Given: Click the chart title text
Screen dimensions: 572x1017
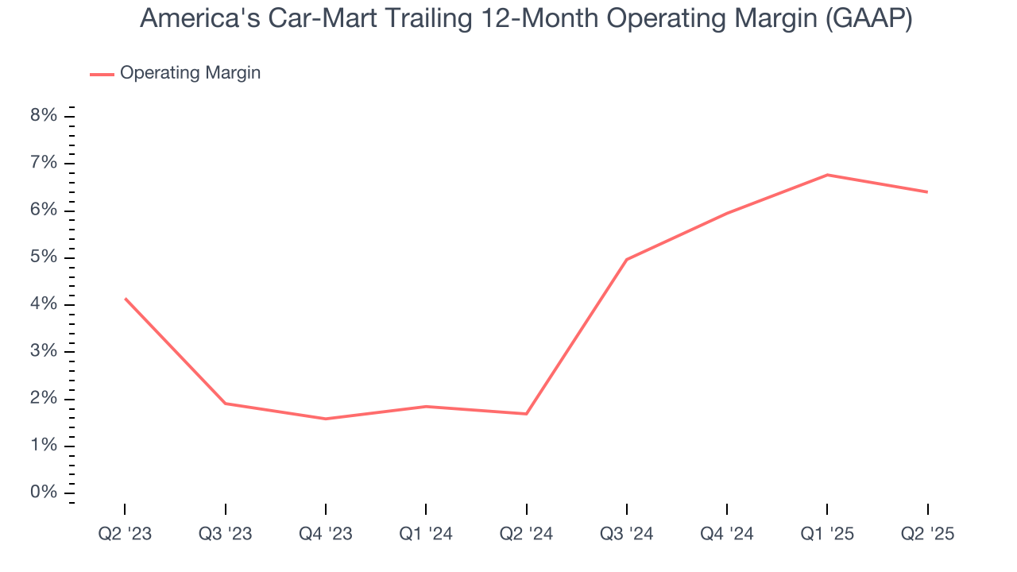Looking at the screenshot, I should point(525,19).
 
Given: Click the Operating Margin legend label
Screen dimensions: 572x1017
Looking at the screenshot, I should point(190,73).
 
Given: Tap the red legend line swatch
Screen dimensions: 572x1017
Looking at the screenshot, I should point(102,74).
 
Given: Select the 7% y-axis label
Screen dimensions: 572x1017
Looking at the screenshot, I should point(44,164).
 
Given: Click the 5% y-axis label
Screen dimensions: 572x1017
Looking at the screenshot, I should point(44,257).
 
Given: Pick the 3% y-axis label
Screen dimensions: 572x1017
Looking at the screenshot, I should point(44,352).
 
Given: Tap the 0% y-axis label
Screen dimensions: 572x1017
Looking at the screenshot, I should point(44,493).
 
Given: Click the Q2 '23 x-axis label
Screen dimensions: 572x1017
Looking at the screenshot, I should point(125,534).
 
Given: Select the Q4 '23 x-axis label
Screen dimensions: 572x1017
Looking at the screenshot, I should point(326,534).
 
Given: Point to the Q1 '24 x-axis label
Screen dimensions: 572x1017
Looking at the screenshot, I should point(426,534).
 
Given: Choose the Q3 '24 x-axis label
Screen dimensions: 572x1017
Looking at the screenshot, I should point(627,534).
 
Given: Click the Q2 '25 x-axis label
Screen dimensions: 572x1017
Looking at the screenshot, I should point(927,534).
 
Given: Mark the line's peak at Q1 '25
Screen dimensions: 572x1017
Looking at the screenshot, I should point(827,175).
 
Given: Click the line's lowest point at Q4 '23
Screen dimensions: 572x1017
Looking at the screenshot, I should point(326,419).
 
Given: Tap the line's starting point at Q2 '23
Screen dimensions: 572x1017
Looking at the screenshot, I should point(125,298).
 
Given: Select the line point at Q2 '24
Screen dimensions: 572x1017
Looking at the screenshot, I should point(526,414).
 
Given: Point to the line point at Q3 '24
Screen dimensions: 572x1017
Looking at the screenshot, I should point(627,259).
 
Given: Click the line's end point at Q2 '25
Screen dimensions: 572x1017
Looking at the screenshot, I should point(927,191).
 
